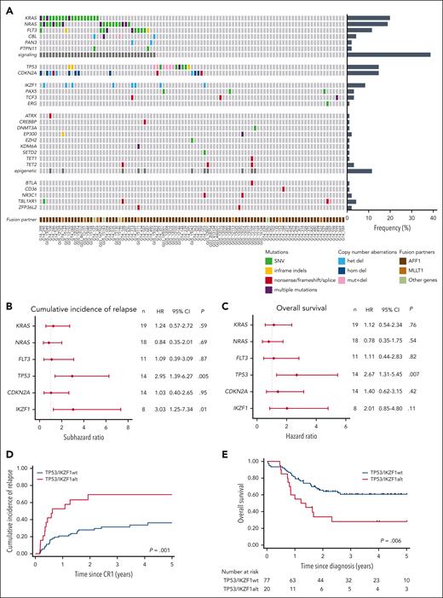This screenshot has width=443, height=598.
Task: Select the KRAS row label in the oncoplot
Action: [x=30, y=17]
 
